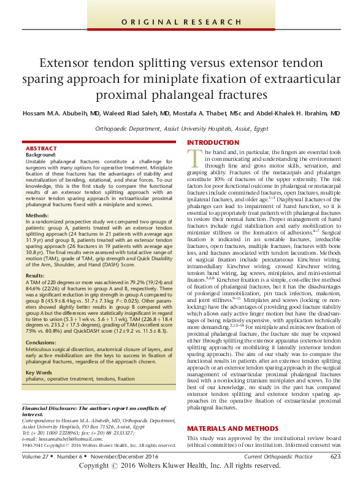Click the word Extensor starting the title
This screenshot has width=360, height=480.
65,64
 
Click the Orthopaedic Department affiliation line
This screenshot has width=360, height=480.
180,129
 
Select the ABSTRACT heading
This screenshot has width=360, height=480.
41,149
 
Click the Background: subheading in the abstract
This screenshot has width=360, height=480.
40,155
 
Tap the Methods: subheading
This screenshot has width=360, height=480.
37,216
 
